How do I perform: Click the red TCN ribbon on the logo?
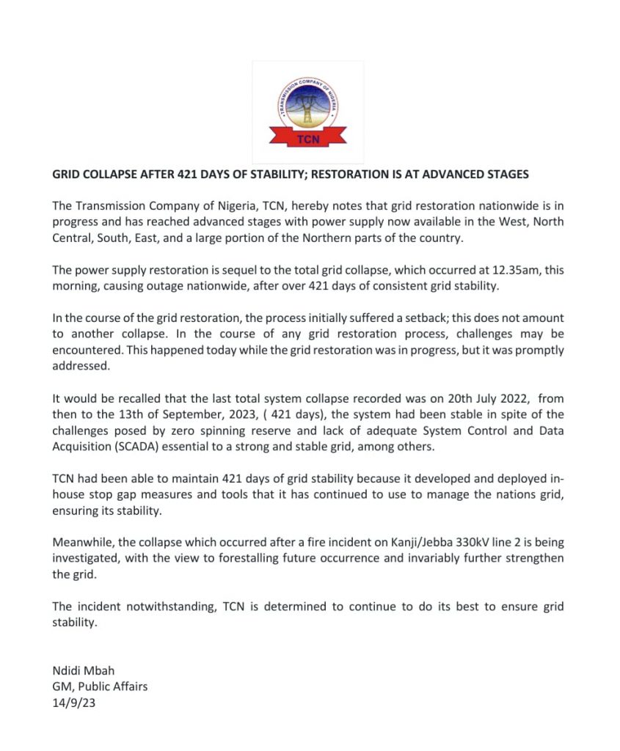click(309, 137)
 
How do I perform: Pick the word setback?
click(416, 318)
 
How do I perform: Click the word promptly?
click(527, 351)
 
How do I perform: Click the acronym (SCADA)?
click(138, 447)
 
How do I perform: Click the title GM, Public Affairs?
click(101, 687)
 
